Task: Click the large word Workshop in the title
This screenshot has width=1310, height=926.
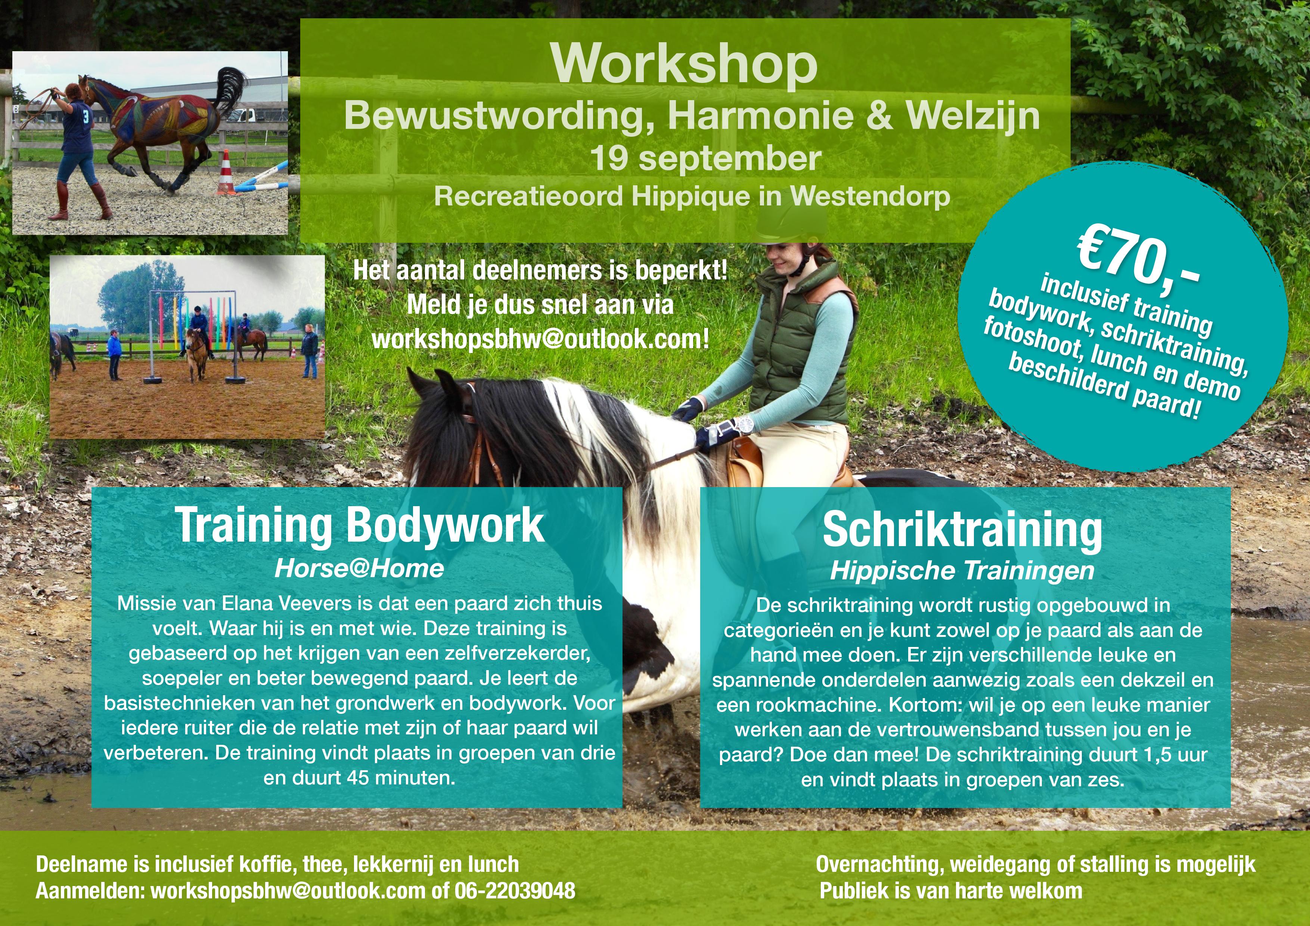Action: click(x=684, y=65)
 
